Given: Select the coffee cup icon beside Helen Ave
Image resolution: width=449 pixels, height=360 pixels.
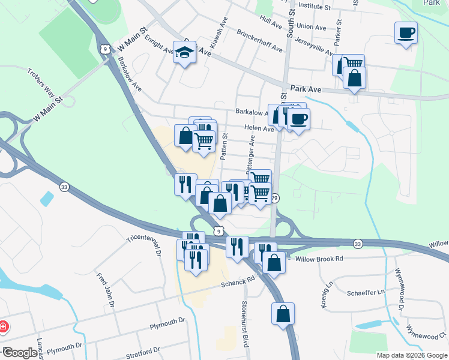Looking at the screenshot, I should pyautogui.click(x=297, y=118).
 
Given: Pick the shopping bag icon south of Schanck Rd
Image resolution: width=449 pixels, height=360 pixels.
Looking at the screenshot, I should pyautogui.click(x=283, y=313).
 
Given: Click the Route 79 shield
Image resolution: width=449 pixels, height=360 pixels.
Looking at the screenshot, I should pyautogui.click(x=275, y=198).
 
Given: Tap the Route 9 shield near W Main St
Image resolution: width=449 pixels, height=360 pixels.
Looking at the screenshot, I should pyautogui.click(x=105, y=48).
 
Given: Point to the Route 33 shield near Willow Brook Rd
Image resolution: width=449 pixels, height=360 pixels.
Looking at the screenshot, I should pyautogui.click(x=358, y=243).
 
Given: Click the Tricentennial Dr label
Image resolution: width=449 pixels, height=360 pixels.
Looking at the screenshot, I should pyautogui.click(x=145, y=246).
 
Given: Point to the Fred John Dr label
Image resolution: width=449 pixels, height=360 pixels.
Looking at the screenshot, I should pyautogui.click(x=105, y=290).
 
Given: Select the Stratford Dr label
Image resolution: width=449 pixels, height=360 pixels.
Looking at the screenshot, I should pyautogui.click(x=143, y=352).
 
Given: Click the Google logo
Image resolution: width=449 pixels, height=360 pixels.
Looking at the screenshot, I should pyautogui.click(x=19, y=353).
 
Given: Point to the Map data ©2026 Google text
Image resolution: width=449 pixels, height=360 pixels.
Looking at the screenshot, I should pyautogui.click(x=412, y=355).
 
